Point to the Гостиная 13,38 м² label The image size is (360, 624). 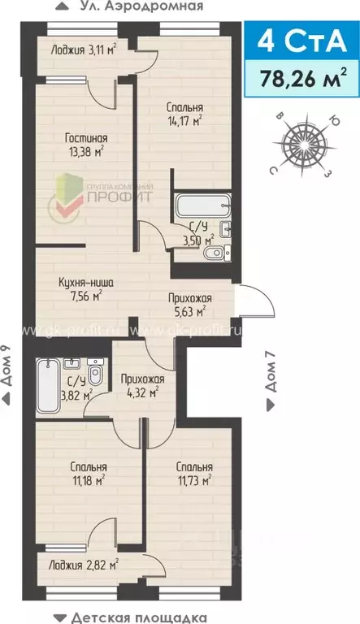point(87,145)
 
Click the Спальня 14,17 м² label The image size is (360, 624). point(184,115)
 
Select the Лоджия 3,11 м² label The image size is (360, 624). point(81,49)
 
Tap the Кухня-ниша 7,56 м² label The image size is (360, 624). point(85,289)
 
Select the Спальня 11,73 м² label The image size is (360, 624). point(193,474)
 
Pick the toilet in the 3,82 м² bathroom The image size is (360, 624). point(96,377)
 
